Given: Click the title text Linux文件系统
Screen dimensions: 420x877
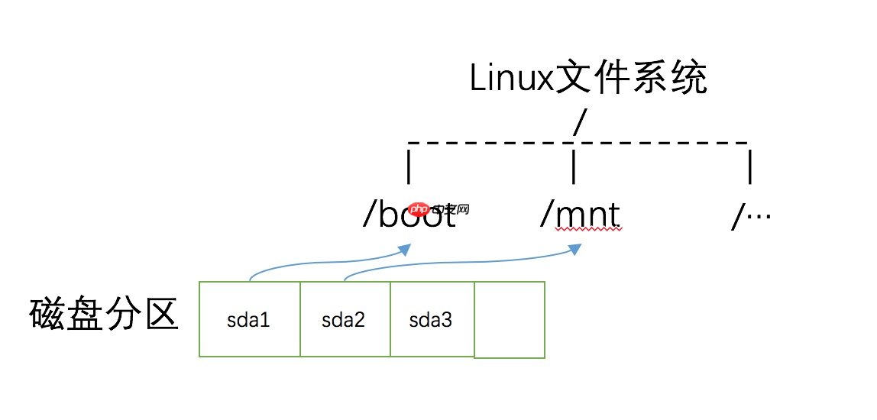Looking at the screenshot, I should [588, 79].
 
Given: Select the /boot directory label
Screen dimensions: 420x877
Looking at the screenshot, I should [409, 216].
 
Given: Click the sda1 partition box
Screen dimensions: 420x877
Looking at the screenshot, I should [249, 319].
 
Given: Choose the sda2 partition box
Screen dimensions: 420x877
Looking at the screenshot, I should [345, 319].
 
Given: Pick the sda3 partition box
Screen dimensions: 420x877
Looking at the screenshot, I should [432, 319].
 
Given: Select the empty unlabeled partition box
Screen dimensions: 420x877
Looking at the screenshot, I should [510, 319].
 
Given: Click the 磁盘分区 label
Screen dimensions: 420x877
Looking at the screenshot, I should [104, 315].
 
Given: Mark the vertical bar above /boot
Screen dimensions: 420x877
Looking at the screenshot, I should [409, 167].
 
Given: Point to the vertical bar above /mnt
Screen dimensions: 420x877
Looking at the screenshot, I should [574, 167].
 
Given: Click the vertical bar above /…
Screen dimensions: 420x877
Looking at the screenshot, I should [750, 167].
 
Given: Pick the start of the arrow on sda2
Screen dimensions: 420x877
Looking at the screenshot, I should [345, 280].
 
